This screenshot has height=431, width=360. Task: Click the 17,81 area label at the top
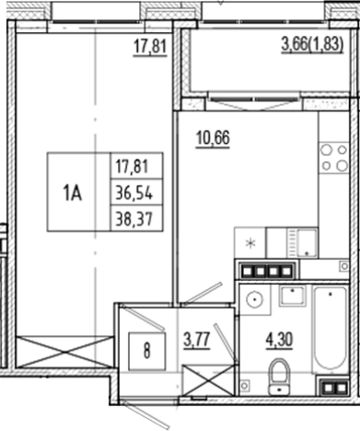pos(149,47)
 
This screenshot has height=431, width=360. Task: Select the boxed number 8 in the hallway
pos(147,350)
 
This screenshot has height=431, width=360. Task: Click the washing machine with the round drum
pos(254,299)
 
